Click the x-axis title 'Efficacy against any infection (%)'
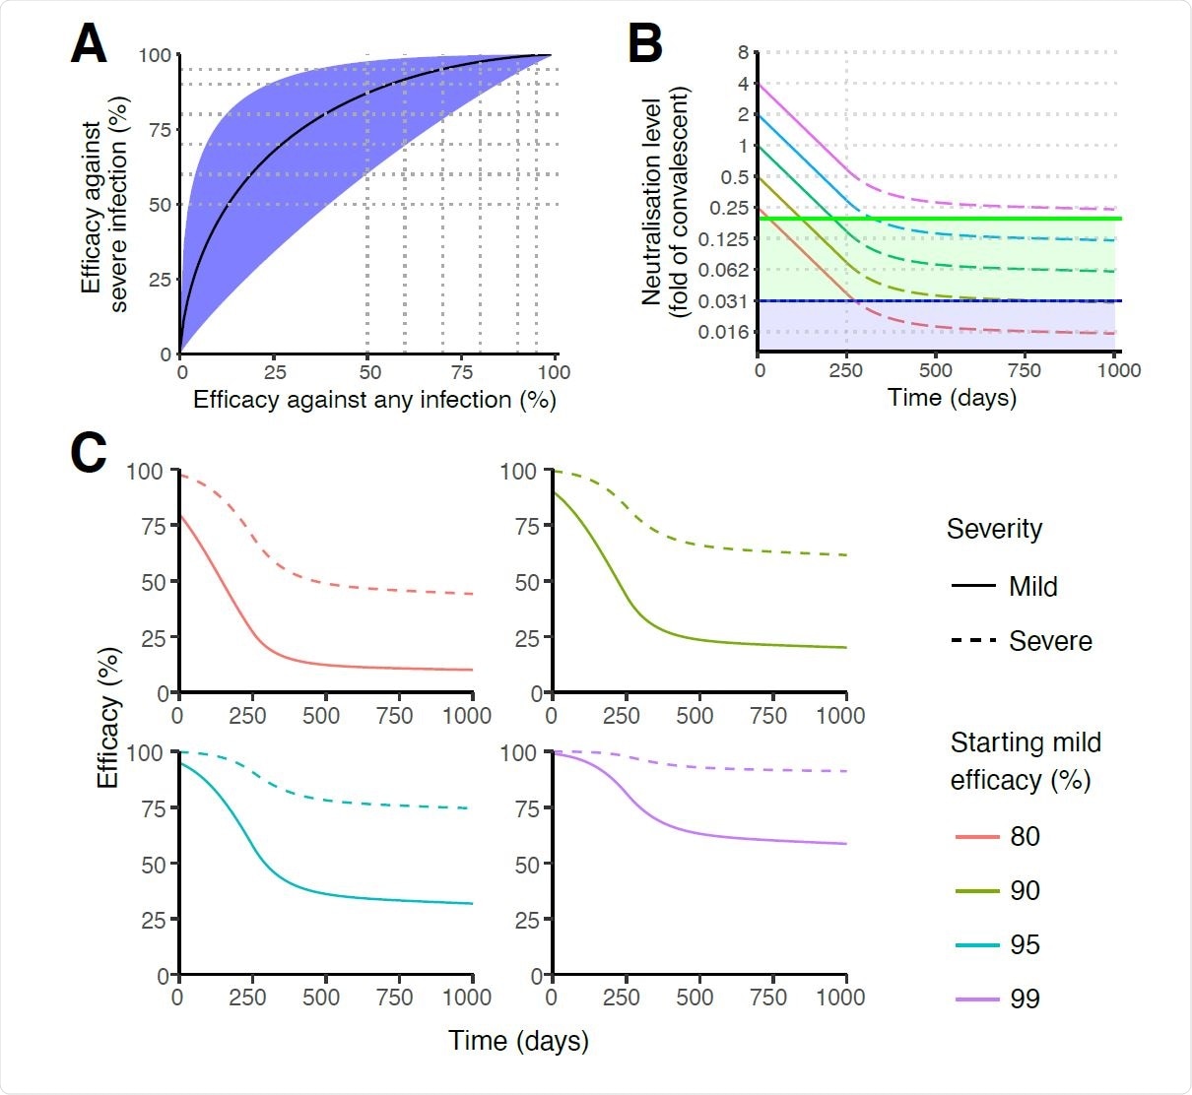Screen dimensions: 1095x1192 pos(374,400)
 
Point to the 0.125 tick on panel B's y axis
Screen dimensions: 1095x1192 pos(723,239)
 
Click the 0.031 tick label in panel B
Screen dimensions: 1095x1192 pos(723,301)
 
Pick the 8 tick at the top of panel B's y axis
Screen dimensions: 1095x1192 pos(743,52)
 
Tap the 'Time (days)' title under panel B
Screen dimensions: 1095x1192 pos(952,398)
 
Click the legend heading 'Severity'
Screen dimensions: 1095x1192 pos(994,529)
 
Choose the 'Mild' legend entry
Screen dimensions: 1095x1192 pos(1032,587)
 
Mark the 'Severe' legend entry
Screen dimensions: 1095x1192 pos(1050,641)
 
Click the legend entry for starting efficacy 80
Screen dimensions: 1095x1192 pos(1025,836)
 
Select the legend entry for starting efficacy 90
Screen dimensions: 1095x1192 pos(1025,890)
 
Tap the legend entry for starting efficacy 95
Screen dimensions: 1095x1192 pos(1025,944)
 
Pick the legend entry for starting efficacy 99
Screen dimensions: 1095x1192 pos(1025,998)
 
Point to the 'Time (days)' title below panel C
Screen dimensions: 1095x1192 pos(518,1041)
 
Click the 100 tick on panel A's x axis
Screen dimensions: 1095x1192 pos(554,372)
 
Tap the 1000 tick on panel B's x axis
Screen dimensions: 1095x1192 pos(1119,371)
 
